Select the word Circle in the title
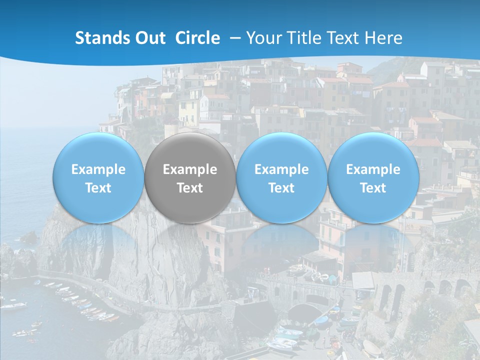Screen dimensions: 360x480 (x=197, y=38)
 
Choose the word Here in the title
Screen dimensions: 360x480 (x=384, y=38)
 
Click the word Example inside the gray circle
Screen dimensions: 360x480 (x=190, y=169)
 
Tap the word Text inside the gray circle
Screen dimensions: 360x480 (x=190, y=188)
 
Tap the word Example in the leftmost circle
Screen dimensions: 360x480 (x=98, y=169)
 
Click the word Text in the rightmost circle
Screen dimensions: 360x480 (x=373, y=188)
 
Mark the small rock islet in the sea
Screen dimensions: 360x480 (x=29, y=237)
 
